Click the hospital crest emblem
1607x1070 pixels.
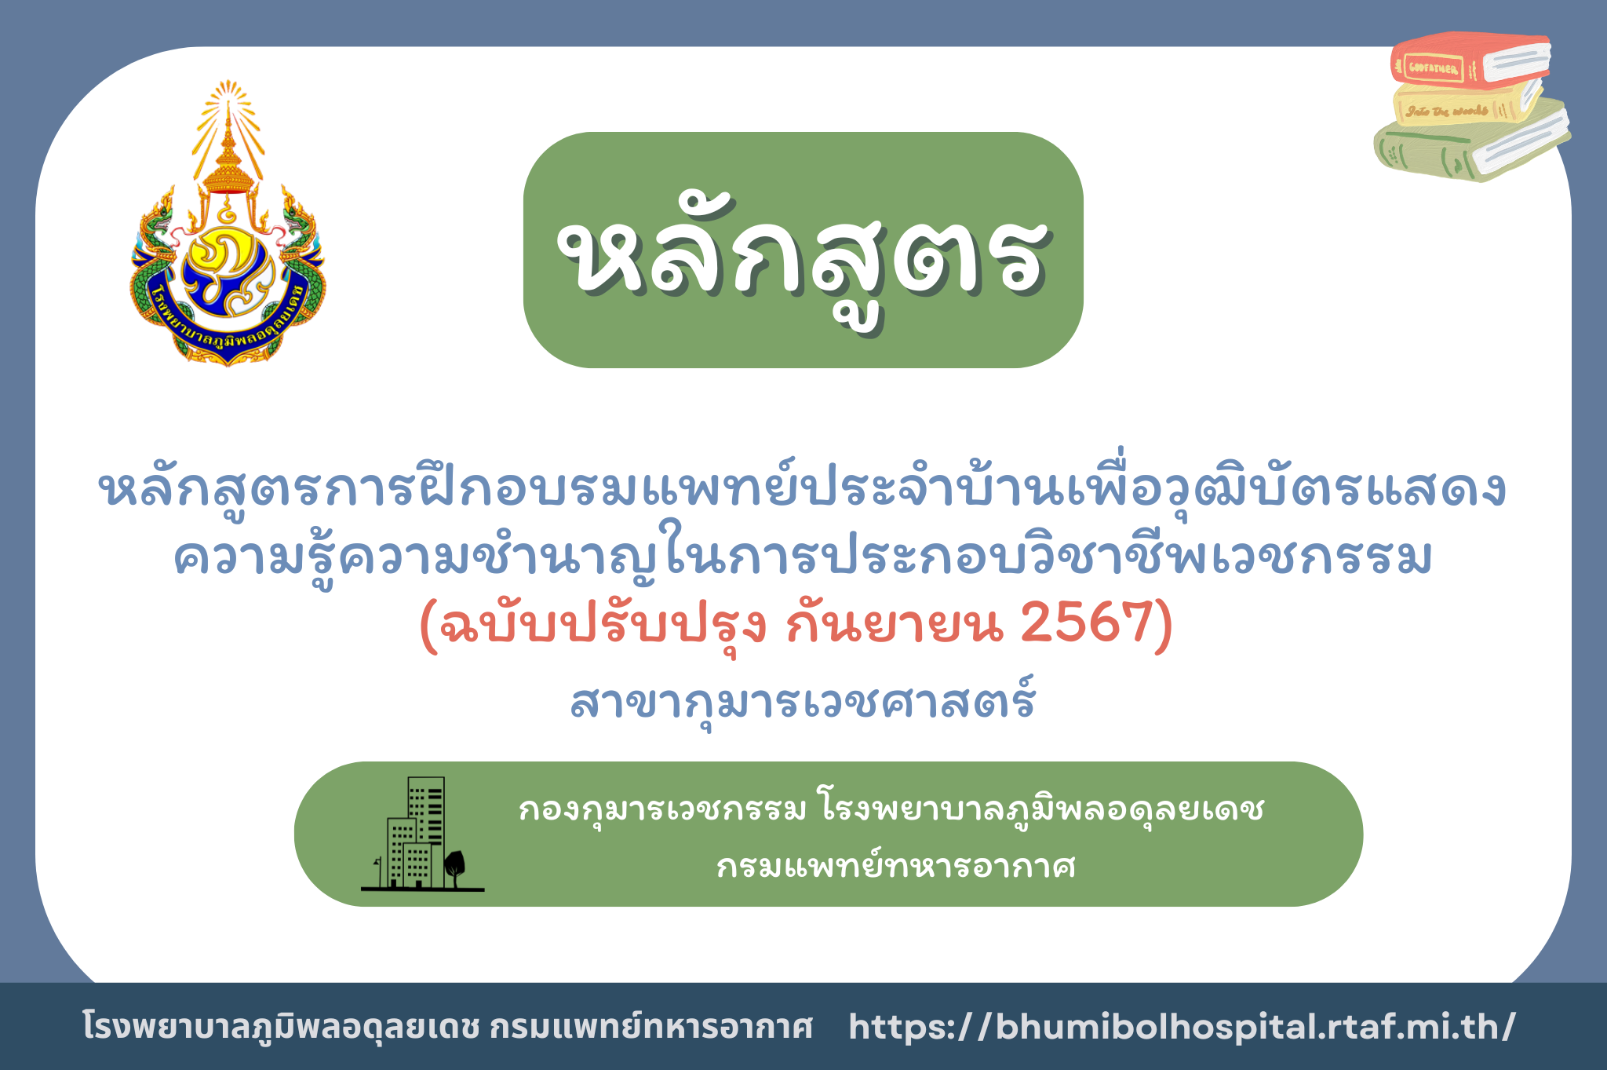point(228,224)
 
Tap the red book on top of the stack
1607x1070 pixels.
point(1470,60)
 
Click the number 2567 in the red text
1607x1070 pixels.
point(1087,624)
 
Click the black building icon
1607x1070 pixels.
point(416,834)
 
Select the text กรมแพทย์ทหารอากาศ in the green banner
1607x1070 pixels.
point(896,866)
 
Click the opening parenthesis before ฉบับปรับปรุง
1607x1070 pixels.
point(428,626)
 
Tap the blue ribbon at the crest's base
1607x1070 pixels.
point(228,326)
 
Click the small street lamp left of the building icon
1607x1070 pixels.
point(378,871)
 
